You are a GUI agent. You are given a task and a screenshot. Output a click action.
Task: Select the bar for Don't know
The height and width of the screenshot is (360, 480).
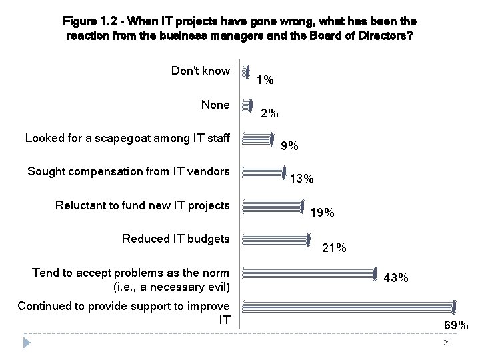[246, 72]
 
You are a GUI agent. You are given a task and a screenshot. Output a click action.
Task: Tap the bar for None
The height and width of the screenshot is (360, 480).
[248, 105]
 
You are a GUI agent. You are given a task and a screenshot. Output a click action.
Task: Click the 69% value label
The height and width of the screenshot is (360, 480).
[457, 325]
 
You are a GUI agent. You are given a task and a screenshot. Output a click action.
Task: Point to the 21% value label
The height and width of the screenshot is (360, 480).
[334, 248]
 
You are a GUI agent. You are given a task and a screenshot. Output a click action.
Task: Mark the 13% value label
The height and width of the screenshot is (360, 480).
[303, 179]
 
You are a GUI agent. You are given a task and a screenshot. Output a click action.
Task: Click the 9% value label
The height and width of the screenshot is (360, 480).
[289, 147]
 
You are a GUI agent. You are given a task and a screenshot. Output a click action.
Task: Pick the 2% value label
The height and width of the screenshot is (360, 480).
[269, 113]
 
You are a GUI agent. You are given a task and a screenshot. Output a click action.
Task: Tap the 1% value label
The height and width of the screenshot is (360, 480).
[265, 81]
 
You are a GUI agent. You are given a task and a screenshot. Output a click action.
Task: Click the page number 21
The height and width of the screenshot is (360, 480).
[447, 343]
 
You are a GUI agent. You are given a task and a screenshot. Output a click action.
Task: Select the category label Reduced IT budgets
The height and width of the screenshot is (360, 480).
[176, 239]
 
